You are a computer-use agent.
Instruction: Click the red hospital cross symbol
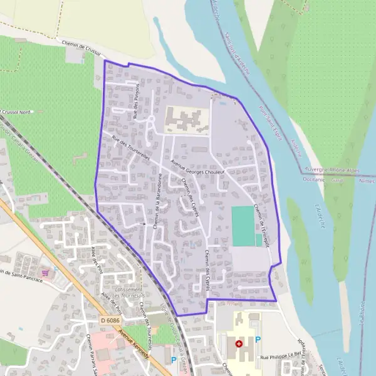pyautogui.click(x=238, y=343)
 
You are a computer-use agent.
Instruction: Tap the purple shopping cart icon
pyautogui.click(x=44, y=273)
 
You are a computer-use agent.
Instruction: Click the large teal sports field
pyautogui.click(x=243, y=226)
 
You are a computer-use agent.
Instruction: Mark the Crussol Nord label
pyautogui.click(x=18, y=112)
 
